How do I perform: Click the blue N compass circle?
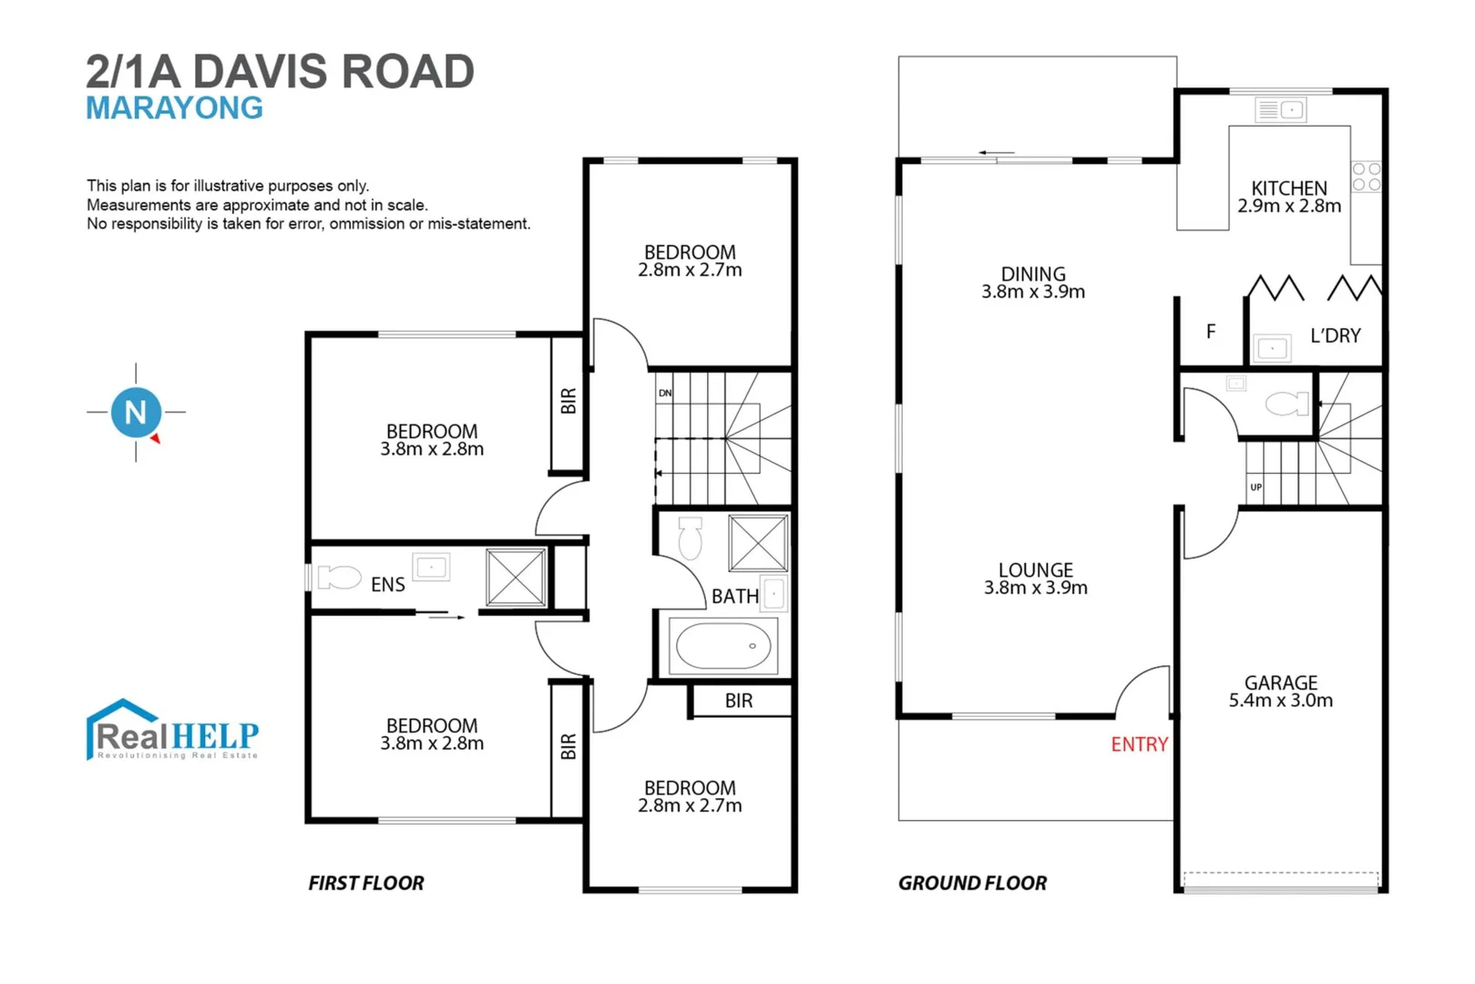[136, 412]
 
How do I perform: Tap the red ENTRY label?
[1139, 744]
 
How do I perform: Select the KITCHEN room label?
[1288, 188]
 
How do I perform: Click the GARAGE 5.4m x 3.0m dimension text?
[1280, 701]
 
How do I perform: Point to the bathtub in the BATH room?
[723, 646]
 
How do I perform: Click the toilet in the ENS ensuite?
[339, 577]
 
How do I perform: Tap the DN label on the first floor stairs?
[665, 393]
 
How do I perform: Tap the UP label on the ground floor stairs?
[1255, 487]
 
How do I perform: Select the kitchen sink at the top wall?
[1280, 110]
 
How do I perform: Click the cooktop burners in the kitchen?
[1366, 177]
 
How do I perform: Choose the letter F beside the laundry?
[1210, 332]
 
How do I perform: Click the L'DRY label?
[1335, 335]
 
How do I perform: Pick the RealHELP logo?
[172, 731]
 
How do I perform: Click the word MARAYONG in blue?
[174, 108]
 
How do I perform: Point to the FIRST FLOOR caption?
[365, 883]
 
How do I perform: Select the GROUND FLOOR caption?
[972, 883]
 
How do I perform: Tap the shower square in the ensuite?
[516, 577]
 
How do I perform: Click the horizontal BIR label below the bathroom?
[739, 701]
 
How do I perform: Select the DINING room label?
[1032, 274]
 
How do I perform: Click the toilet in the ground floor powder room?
[1286, 403]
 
